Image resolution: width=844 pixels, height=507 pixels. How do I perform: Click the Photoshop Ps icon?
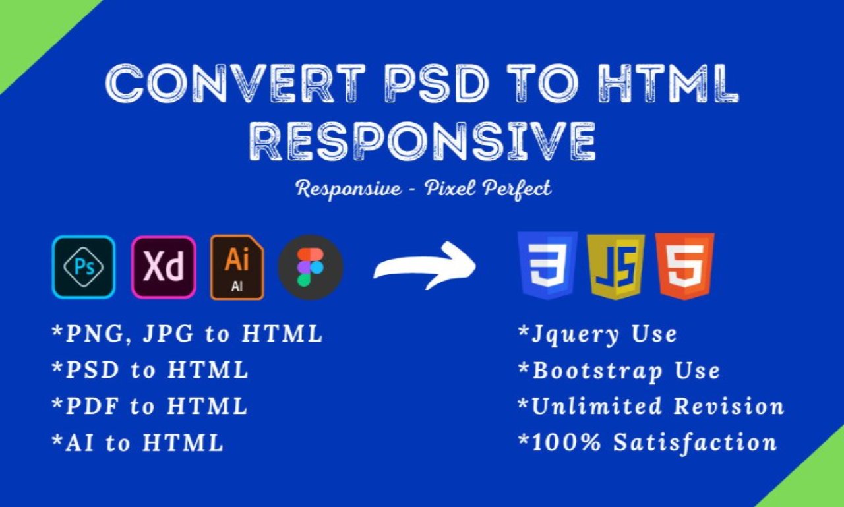[84, 267]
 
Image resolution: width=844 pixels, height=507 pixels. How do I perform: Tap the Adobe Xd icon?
[164, 267]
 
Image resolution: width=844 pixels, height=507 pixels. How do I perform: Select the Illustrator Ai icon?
[237, 268]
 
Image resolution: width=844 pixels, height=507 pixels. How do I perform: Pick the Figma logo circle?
[311, 268]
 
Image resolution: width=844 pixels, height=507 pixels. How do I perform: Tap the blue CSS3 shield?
[547, 266]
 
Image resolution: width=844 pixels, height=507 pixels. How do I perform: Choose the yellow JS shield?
[616, 266]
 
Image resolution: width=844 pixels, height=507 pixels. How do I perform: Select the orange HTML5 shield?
[684, 266]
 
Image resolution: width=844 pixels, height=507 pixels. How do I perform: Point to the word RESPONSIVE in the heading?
[423, 142]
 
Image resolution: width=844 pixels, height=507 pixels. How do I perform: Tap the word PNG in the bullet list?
[94, 334]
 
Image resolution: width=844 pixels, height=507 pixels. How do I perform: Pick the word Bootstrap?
[597, 371]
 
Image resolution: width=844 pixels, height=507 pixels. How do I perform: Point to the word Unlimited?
[597, 406]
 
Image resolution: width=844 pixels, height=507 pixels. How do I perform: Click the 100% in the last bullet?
[566, 442]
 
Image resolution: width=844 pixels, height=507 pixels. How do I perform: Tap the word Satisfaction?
[695, 442]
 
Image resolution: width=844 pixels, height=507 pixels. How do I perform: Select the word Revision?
[729, 406]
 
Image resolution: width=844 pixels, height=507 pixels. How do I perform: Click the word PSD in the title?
[437, 83]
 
